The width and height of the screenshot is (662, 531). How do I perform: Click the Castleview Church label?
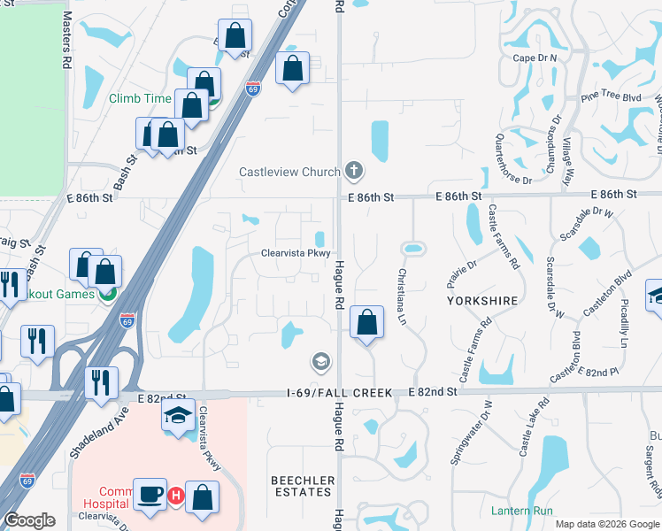click(x=289, y=171)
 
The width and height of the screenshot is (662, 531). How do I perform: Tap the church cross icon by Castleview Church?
click(x=353, y=170)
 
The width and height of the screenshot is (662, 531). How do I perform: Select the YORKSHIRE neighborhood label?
click(x=482, y=301)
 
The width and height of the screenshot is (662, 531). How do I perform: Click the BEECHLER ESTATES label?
click(x=304, y=486)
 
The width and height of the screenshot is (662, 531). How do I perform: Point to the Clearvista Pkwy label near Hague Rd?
click(x=296, y=252)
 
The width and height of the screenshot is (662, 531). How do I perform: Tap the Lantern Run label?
click(x=520, y=511)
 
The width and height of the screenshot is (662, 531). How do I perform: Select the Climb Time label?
click(x=140, y=98)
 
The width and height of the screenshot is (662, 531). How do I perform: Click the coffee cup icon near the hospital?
click(x=150, y=494)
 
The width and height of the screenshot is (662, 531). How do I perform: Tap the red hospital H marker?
click(x=175, y=496)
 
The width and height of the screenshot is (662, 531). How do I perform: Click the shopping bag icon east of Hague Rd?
click(x=366, y=323)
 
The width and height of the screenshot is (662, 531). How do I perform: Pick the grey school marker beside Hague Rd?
click(x=320, y=361)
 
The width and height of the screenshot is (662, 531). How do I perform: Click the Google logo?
click(x=30, y=520)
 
